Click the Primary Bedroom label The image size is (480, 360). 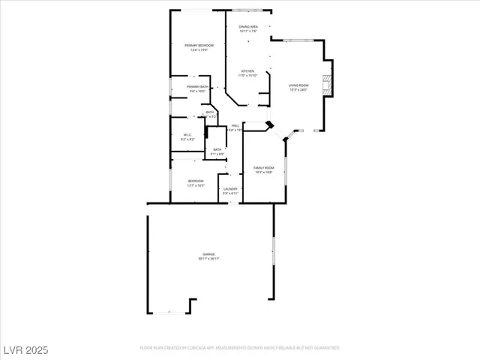pos(199,46)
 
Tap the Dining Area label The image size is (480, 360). pos(248,27)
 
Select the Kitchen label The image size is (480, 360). pos(247,71)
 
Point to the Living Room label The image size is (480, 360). pos(299,85)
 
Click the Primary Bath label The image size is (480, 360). pos(198,86)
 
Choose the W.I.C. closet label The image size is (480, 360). pos(188,135)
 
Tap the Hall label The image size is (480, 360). pos(235,125)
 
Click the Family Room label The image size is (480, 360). pos(263,167)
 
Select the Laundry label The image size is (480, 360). pos(230,189)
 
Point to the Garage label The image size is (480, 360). pos(208,254)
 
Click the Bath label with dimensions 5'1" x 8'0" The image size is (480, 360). pos(217,149)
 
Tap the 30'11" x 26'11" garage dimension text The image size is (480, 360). pos(208,259)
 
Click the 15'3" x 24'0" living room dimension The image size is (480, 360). pos(299,90)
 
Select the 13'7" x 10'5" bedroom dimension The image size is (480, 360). pos(196,185)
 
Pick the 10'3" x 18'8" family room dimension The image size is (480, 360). pos(263,172)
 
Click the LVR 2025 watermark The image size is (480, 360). pos(25,349)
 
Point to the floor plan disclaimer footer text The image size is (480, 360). pos(240,348)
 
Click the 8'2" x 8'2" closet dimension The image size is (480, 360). pos(188,139)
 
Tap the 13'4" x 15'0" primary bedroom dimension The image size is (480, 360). pos(199,50)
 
